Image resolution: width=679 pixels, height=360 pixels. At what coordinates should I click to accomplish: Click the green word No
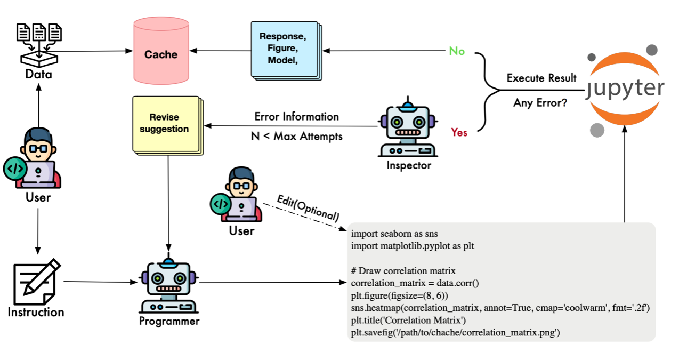pyautogui.click(x=457, y=51)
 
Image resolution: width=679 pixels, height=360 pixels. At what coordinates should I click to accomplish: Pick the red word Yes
pyautogui.click(x=459, y=132)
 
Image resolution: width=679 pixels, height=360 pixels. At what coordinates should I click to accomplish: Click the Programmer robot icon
pyautogui.click(x=169, y=286)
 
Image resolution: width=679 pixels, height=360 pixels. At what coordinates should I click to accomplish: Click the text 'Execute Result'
pyautogui.click(x=541, y=78)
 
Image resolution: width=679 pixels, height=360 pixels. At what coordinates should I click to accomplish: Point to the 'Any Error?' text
pyautogui.click(x=540, y=103)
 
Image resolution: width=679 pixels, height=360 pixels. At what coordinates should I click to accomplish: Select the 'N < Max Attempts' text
pyautogui.click(x=296, y=136)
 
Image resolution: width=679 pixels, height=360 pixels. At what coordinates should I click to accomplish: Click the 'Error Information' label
pyautogui.click(x=296, y=116)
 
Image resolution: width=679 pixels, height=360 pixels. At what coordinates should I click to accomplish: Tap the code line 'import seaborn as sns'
pyautogui.click(x=394, y=234)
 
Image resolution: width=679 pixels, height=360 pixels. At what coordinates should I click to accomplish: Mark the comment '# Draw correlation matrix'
pyautogui.click(x=403, y=271)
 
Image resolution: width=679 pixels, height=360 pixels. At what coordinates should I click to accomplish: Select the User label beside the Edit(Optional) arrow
pyautogui.click(x=241, y=230)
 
